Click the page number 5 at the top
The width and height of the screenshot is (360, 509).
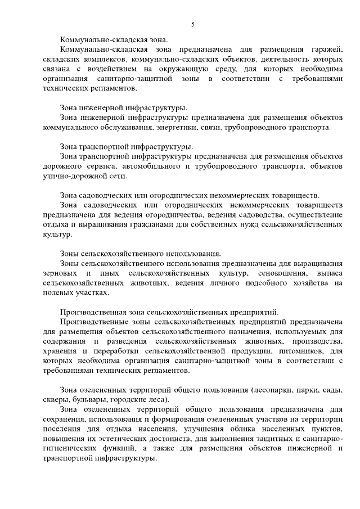pyautogui.click(x=193, y=24)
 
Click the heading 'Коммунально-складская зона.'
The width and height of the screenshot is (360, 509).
pyautogui.click(x=114, y=40)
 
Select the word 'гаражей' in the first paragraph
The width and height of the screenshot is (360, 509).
pyautogui.click(x=325, y=50)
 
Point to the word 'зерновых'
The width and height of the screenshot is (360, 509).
pyautogui.click(x=60, y=273)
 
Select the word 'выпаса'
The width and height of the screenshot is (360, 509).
pyautogui.click(x=330, y=273)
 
